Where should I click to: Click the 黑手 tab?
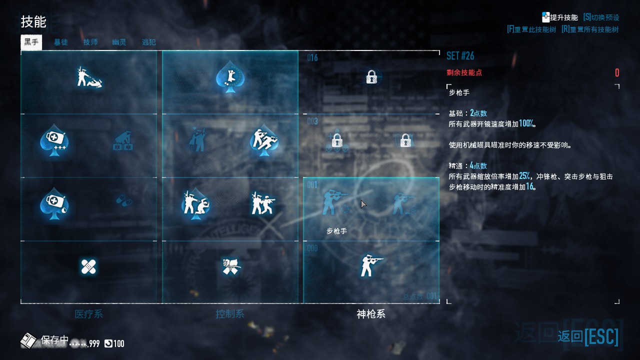click(31, 42)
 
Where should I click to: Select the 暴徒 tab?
click(61, 42)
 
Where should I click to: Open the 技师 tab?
click(90, 42)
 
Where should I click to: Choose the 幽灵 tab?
click(119, 42)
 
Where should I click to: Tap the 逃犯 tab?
click(148, 42)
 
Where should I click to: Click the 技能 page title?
click(33, 22)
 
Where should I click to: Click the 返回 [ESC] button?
click(588, 336)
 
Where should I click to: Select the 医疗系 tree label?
click(88, 314)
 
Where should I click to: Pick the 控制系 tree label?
click(230, 314)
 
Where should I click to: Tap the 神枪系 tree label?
click(371, 314)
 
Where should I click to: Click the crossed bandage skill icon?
click(88, 266)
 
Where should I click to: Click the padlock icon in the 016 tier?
click(371, 77)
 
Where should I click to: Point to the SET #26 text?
click(460, 55)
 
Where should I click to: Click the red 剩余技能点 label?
click(464, 72)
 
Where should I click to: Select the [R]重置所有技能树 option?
click(590, 29)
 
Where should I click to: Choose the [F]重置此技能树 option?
click(531, 29)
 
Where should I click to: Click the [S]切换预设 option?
click(601, 17)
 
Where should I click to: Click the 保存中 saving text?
click(54, 340)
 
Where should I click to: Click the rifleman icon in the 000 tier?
click(371, 265)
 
